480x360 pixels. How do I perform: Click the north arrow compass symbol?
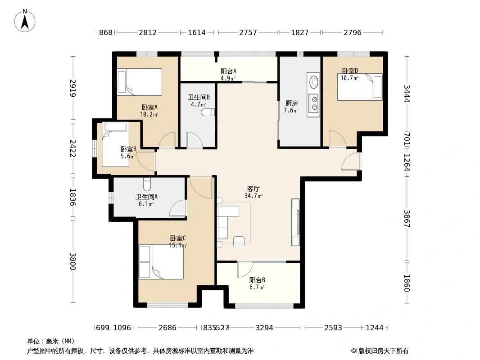[25, 21]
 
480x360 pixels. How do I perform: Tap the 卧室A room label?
[149, 108]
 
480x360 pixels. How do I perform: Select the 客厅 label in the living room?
[254, 189]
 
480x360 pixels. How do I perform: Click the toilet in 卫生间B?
[208, 112]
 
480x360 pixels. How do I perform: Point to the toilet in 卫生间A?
[147, 184]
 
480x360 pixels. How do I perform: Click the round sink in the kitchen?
[314, 81]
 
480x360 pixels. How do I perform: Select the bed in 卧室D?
[360, 87]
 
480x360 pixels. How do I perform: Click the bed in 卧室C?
[161, 261]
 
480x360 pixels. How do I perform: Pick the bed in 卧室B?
[115, 144]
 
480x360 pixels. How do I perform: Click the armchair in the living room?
[239, 241]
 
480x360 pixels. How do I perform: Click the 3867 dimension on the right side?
[407, 218]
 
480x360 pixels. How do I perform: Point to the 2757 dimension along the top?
[248, 32]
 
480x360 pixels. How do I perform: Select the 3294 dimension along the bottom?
[264, 328]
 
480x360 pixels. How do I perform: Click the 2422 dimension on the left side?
[72, 148]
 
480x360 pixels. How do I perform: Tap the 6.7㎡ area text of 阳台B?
[257, 287]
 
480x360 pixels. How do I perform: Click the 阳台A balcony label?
[228, 71]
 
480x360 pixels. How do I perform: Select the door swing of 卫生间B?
[195, 140]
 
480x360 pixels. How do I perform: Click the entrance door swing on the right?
[350, 161]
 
